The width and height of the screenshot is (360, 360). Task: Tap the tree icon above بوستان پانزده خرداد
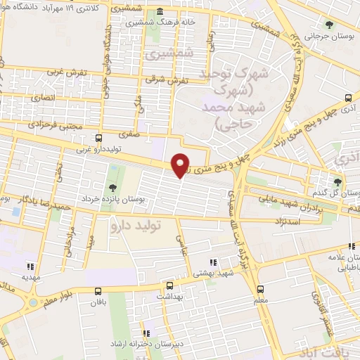point(112,187)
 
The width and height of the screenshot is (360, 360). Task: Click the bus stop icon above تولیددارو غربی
point(98,138)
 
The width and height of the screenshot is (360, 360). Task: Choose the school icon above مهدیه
point(30,266)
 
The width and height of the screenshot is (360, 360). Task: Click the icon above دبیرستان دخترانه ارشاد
point(146,333)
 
